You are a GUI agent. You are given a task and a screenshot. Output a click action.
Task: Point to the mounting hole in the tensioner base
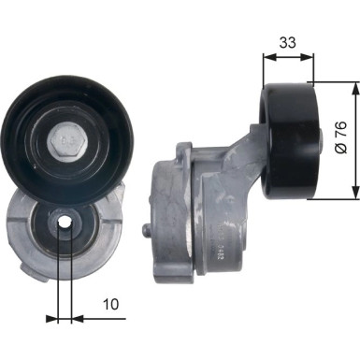tap(63, 223)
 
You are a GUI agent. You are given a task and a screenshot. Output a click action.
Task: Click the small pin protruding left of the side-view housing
tap(145, 230)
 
